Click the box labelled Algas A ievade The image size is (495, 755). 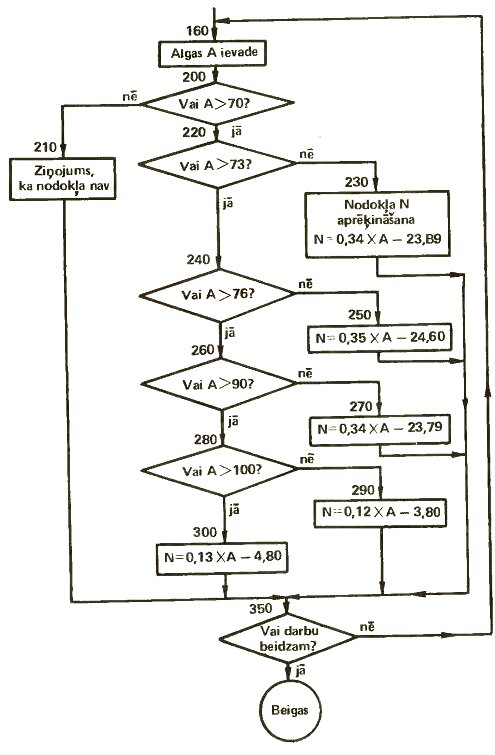(x=212, y=53)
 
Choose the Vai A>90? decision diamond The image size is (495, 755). (x=219, y=384)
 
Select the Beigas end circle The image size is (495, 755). (x=290, y=710)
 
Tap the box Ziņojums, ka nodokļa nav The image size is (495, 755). (x=63, y=178)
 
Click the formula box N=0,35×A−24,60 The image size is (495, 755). (x=379, y=338)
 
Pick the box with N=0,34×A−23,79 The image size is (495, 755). (x=380, y=429)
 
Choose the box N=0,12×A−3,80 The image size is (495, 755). (x=381, y=512)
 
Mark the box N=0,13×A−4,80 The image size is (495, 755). (x=222, y=559)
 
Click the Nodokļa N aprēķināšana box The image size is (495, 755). (x=378, y=224)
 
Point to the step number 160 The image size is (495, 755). (x=197, y=31)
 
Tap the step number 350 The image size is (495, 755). (x=261, y=609)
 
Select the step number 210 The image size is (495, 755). (x=45, y=147)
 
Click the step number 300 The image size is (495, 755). (x=205, y=532)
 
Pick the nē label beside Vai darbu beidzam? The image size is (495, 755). (x=367, y=626)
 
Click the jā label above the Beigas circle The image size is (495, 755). (x=301, y=670)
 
